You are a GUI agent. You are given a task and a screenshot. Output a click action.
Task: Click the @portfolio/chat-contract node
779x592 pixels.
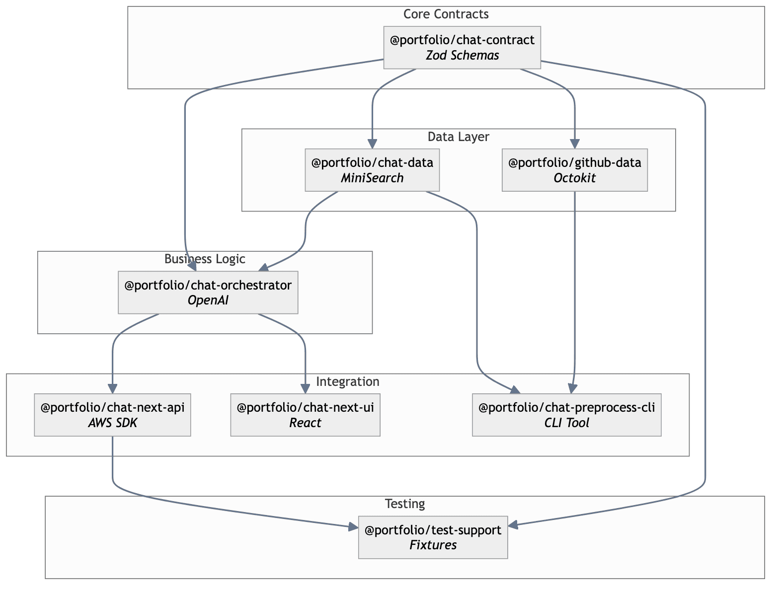[x=462, y=47]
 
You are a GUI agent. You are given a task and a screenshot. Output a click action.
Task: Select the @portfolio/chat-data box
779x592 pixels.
[x=372, y=170]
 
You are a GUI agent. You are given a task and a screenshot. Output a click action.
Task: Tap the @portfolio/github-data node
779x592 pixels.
[x=575, y=170]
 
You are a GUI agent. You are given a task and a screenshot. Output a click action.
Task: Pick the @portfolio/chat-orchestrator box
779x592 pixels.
[x=208, y=293]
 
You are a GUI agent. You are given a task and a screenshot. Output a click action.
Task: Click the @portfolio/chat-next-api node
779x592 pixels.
[x=112, y=415]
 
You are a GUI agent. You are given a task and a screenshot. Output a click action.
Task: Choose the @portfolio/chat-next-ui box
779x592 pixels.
[x=305, y=415]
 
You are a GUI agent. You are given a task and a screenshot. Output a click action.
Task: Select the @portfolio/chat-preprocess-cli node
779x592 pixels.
[x=566, y=415]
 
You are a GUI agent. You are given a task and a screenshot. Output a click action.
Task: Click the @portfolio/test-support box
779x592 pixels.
[x=433, y=537]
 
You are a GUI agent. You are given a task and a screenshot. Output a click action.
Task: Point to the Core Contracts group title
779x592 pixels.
[x=446, y=14]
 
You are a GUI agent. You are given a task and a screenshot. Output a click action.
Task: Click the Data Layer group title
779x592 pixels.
[x=458, y=137]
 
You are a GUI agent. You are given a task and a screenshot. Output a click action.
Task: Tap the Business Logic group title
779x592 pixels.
[x=205, y=259]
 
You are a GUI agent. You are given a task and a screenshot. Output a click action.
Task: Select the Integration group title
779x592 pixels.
[x=347, y=381]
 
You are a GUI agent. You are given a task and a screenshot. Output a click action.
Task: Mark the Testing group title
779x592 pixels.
[x=404, y=504]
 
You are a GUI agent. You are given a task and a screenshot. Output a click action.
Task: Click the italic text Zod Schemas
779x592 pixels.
[x=462, y=56]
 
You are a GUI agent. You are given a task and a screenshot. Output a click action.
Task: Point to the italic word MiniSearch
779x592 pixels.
[x=372, y=178]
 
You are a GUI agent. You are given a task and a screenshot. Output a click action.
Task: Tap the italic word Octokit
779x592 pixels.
[x=575, y=178]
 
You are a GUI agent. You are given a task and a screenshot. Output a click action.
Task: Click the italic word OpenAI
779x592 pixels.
[x=208, y=300]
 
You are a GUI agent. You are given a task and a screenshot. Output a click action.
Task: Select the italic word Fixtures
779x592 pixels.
[x=433, y=545]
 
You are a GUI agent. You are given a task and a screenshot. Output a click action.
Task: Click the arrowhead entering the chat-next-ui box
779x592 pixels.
[x=305, y=389]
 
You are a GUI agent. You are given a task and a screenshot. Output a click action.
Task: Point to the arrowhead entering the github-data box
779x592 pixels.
[x=575, y=145]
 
